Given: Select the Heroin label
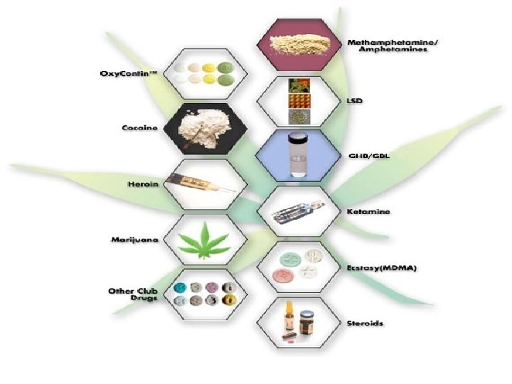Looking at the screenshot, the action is pyautogui.click(x=144, y=183).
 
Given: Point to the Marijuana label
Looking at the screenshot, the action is pyautogui.click(x=134, y=239).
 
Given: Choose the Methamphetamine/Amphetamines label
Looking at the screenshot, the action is pyautogui.click(x=393, y=47).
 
